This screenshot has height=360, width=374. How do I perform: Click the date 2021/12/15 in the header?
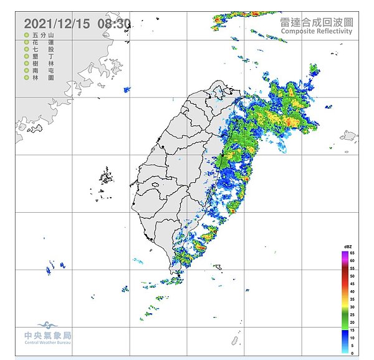(x=57, y=24)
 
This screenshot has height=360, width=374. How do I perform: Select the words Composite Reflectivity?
(x=317, y=31)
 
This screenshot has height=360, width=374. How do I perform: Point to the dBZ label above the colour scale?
(x=348, y=248)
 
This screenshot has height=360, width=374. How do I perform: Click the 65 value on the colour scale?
(x=352, y=253)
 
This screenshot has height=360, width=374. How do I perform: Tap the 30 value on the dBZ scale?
(x=352, y=307)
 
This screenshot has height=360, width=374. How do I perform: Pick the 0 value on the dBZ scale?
(x=352, y=353)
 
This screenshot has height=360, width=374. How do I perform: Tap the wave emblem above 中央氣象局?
(x=48, y=325)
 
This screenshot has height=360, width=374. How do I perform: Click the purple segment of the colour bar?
(x=344, y=253)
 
